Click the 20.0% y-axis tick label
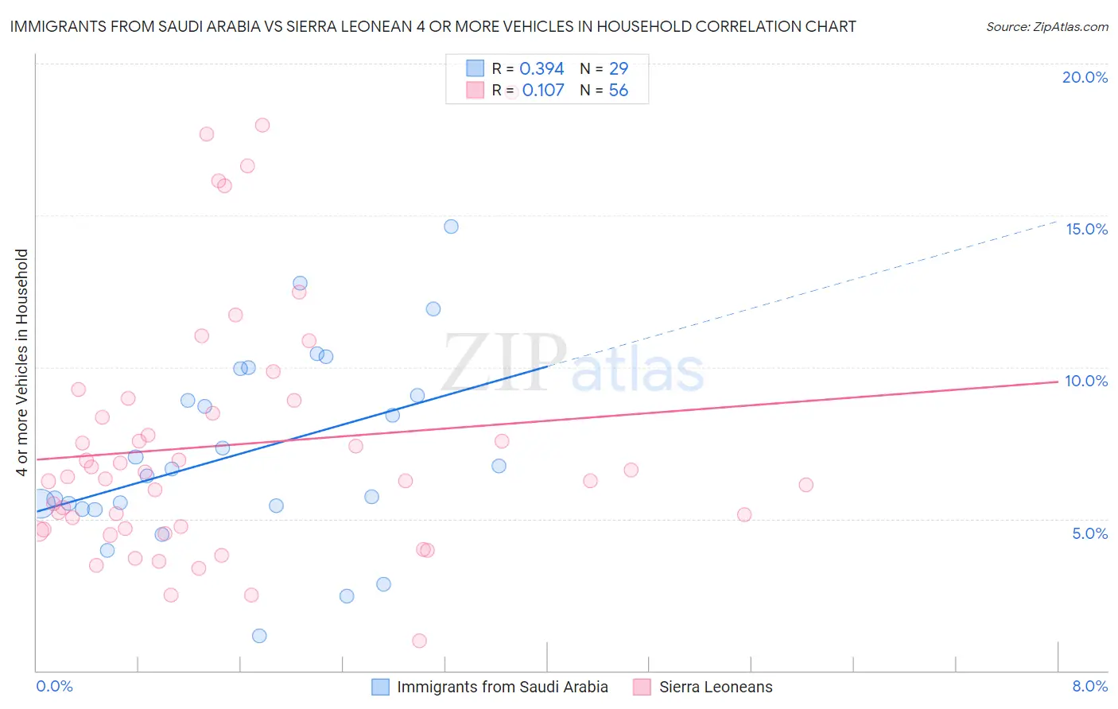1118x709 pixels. click(x=1085, y=77)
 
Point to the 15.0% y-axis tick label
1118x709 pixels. click(x=1086, y=229)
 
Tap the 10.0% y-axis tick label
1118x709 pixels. click(x=1086, y=381)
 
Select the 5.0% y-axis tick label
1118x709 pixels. click(x=1089, y=533)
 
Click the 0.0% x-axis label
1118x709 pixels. click(x=54, y=686)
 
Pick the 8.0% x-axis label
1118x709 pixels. click(x=1089, y=686)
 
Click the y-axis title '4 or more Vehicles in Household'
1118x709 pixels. click(x=22, y=362)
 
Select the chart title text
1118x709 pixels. click(x=433, y=26)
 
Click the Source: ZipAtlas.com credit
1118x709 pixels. click(x=1046, y=26)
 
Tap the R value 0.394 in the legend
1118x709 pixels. click(x=542, y=69)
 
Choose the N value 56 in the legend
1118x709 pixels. click(x=618, y=91)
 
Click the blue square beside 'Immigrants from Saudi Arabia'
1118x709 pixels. click(x=381, y=687)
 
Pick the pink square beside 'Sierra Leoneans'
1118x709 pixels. click(x=642, y=687)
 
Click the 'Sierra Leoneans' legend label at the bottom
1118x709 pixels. click(x=716, y=687)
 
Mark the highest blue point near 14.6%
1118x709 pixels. click(x=451, y=227)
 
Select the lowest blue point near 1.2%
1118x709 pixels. click(x=259, y=636)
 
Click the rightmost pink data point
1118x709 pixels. click(x=806, y=485)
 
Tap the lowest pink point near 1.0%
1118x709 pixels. click(x=419, y=641)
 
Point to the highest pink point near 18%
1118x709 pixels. click(x=262, y=125)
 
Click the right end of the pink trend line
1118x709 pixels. click(x=1058, y=382)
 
